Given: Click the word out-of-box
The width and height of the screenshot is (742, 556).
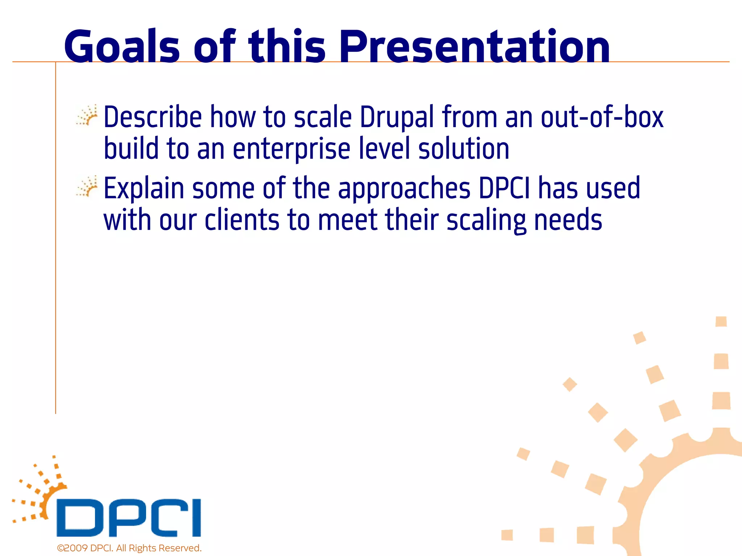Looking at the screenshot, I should [602, 117].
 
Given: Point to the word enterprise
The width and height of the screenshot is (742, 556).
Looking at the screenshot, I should [291, 149].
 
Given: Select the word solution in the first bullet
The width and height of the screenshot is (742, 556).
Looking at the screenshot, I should [464, 149].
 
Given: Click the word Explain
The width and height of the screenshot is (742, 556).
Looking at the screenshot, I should [144, 188].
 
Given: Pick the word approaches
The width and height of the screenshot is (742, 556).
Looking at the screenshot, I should [404, 188].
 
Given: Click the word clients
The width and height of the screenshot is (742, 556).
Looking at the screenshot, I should [242, 220].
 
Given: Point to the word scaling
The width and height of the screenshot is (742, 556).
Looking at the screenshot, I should [486, 220].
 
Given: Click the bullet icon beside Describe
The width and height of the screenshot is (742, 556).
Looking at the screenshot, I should [87, 115].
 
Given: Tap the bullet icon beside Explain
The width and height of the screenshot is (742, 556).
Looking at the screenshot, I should [87, 186].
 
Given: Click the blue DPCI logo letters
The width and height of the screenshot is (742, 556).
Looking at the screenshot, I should [129, 518].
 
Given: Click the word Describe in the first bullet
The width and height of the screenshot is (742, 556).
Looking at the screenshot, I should [153, 117].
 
